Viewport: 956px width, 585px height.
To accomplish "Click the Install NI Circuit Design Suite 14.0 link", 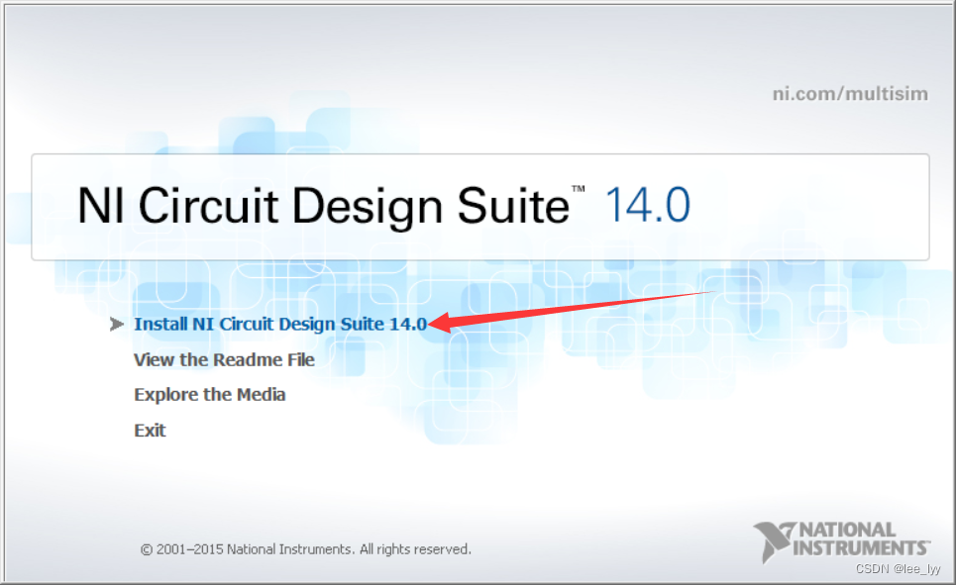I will click(280, 324).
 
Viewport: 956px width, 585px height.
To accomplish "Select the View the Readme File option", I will click(224, 359).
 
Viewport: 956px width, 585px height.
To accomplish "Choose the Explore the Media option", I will click(209, 395).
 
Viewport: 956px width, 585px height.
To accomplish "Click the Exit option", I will click(150, 431).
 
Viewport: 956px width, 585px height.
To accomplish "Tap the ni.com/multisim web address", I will click(850, 94).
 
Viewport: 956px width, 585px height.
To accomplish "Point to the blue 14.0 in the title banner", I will click(647, 206).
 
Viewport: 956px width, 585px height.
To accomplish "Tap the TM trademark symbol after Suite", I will click(578, 189).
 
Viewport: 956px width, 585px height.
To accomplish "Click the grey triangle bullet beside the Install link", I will click(117, 324).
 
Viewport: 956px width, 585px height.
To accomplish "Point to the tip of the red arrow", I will click(432, 323).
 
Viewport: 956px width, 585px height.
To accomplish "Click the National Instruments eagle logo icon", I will click(772, 540).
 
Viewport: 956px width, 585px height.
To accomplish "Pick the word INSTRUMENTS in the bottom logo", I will click(862, 546).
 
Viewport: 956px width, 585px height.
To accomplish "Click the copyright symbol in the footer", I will click(147, 549).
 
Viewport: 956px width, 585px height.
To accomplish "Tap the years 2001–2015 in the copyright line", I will click(189, 549).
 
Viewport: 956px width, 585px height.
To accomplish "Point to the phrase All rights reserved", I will click(415, 549).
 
